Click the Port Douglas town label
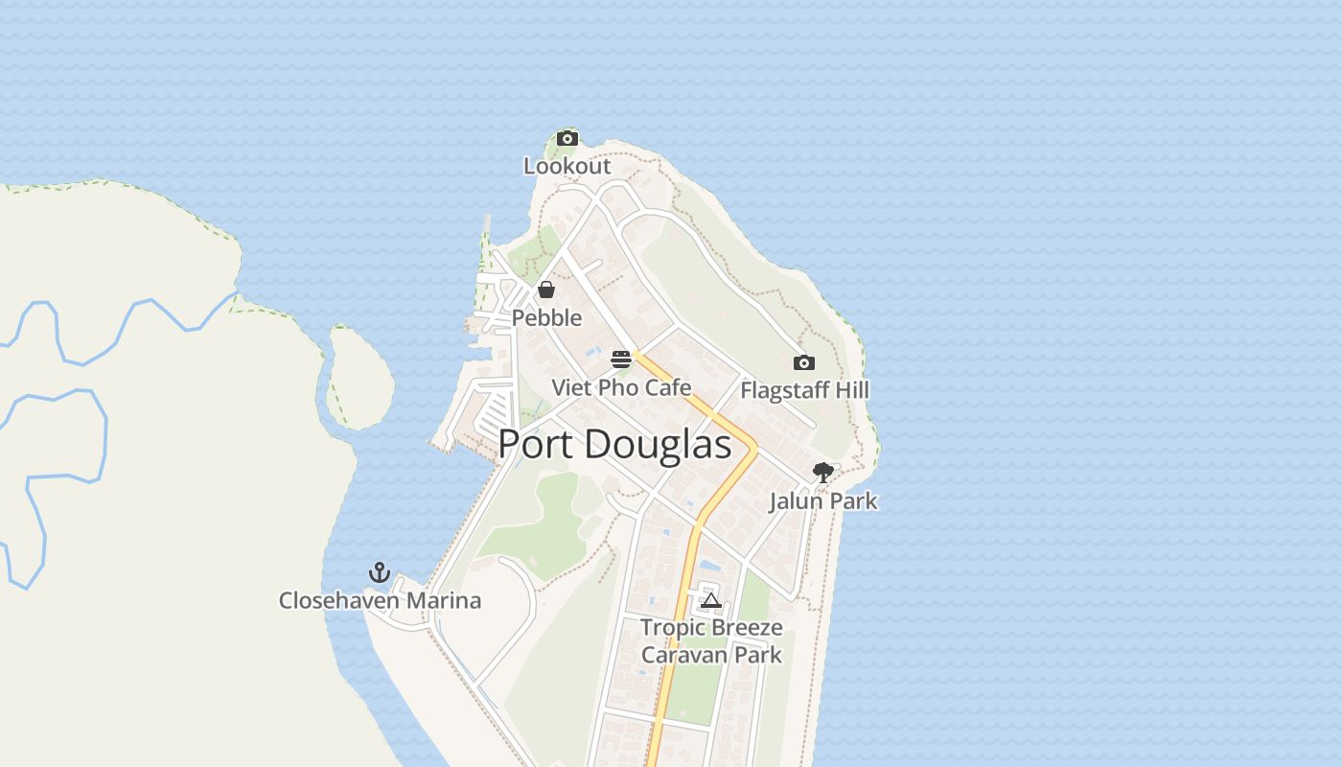click(614, 444)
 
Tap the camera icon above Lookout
click(567, 138)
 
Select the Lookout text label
click(567, 166)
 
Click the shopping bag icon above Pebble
click(546, 290)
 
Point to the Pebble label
click(546, 317)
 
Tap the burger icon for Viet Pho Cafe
click(621, 360)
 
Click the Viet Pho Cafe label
click(621, 388)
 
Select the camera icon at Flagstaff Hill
click(804, 362)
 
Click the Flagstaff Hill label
click(804, 390)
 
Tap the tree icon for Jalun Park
click(822, 472)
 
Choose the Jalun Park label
click(822, 500)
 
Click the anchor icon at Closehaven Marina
click(380, 573)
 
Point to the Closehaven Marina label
click(380, 601)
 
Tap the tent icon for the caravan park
click(710, 601)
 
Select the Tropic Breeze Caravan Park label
click(711, 641)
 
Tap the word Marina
click(445, 601)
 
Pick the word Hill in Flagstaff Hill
click(851, 390)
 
